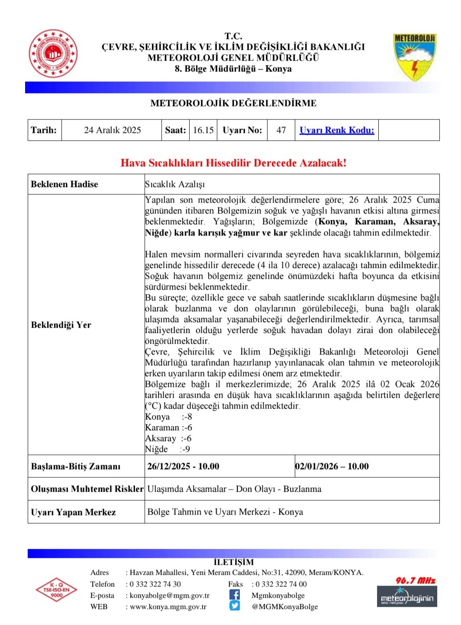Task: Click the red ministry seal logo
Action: coord(53,54)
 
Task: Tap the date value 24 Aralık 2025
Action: coord(112,130)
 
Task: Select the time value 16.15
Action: coord(203,130)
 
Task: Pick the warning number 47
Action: coord(281,130)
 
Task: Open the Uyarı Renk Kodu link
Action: coord(337,130)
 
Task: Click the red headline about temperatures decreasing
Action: coord(233,163)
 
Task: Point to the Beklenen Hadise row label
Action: coord(64,184)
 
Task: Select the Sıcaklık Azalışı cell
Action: coord(175,184)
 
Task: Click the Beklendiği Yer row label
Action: coord(61,325)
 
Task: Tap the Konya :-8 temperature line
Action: coord(168,417)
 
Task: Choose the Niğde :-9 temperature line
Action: coord(168,449)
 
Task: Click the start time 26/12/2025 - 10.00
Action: coord(183,467)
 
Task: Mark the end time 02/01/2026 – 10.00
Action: coord(332,467)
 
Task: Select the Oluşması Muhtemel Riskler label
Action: coord(87,489)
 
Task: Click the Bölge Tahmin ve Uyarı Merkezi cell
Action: coord(225,512)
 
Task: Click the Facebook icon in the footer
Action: coord(235,595)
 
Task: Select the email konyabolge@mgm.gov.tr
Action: coord(169,596)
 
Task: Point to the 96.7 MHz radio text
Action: coord(415,580)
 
